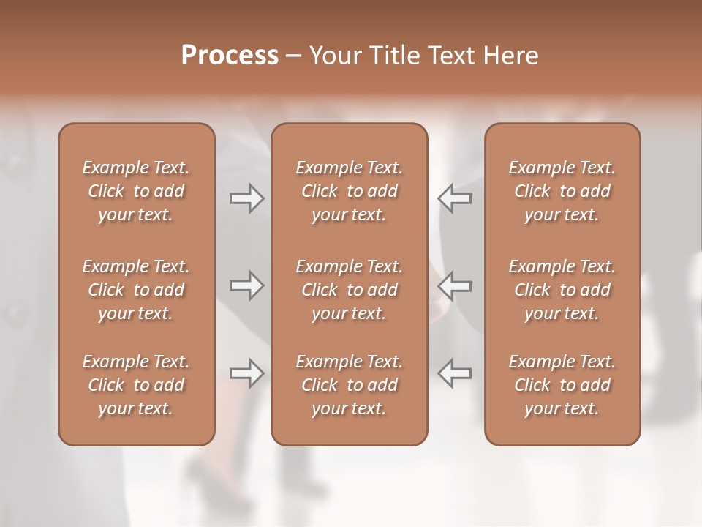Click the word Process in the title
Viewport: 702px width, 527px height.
[230, 56]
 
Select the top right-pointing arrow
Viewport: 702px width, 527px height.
[247, 198]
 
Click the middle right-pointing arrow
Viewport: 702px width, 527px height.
[247, 285]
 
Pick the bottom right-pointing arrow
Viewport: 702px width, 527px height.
[247, 373]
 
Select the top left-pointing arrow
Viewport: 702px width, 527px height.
[455, 198]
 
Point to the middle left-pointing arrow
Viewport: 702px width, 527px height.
[455, 285]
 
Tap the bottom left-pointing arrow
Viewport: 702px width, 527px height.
[455, 373]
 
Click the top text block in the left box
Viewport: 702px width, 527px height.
[136, 191]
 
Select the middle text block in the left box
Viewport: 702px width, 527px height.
[136, 290]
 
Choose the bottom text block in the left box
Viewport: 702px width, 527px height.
[136, 385]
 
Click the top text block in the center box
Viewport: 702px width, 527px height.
[350, 191]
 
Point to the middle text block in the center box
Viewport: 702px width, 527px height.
[350, 290]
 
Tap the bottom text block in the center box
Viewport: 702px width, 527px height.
[350, 385]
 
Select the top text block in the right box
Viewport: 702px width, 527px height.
[562, 191]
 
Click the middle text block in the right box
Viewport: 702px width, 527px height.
[562, 290]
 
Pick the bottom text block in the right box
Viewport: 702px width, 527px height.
[562, 385]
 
